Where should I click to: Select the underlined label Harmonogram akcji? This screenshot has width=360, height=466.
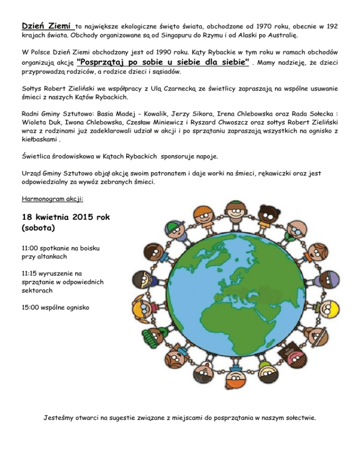[x=53, y=198]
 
